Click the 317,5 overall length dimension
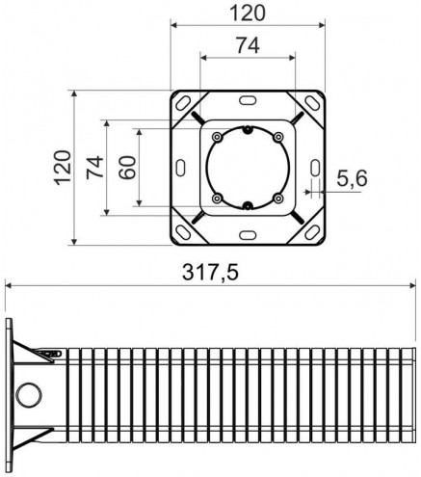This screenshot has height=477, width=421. tap(210, 273)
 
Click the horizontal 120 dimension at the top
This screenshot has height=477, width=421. tap(248, 13)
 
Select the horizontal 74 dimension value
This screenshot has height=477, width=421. tap(248, 45)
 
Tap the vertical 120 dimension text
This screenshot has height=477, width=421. tap(63, 168)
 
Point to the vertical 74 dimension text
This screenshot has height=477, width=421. tap(95, 168)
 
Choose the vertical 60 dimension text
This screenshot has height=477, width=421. tap(127, 167)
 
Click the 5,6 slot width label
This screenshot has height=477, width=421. tap(352, 178)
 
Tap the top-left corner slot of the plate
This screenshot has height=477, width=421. tap(183, 103)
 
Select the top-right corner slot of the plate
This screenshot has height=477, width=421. tap(312, 103)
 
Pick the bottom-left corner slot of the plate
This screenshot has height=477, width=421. tap(183, 232)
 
